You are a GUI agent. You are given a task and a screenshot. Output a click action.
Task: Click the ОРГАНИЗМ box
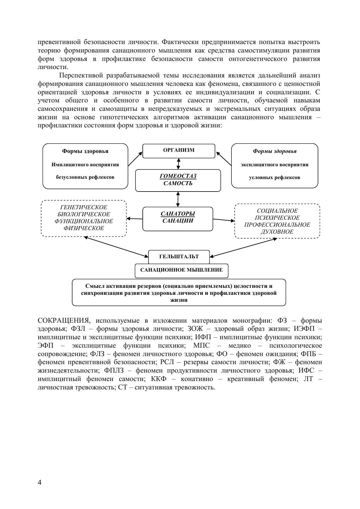pyautogui.click(x=179, y=150)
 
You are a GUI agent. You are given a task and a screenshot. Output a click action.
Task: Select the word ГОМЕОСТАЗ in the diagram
pyautogui.click(x=178, y=176)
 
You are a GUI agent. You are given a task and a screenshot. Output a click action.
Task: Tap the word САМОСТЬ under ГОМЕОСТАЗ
pyautogui.click(x=178, y=183)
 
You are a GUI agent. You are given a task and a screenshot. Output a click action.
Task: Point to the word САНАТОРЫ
pyautogui.click(x=178, y=214)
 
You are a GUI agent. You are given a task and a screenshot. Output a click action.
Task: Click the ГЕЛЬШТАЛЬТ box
pyautogui.click(x=179, y=257)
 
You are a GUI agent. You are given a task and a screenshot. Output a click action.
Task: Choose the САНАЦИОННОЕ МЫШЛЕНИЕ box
pyautogui.click(x=182, y=270)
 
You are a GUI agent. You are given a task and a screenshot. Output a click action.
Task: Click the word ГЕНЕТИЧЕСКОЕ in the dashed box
pyautogui.click(x=84, y=207)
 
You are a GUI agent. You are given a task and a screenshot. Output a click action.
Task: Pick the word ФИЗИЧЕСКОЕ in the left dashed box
pyautogui.click(x=84, y=228)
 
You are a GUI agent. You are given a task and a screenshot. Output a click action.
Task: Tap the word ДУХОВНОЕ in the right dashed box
pyautogui.click(x=277, y=232)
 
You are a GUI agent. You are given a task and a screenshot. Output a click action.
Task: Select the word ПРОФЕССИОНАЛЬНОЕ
pyautogui.click(x=277, y=225)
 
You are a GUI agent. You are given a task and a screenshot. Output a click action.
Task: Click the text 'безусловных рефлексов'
pyautogui.click(x=85, y=177)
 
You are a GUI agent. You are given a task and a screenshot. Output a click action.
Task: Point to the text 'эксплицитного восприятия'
pyautogui.click(x=274, y=165)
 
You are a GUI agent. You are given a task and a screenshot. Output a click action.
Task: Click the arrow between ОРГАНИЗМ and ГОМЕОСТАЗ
pyautogui.click(x=179, y=164)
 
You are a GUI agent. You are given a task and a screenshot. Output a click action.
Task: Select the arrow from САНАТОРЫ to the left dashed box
pyautogui.click(x=135, y=219)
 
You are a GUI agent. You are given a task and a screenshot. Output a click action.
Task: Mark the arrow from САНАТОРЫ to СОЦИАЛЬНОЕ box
pyautogui.click(x=224, y=220)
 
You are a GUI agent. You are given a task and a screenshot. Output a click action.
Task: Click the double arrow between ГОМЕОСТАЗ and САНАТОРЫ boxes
pyautogui.click(x=178, y=199)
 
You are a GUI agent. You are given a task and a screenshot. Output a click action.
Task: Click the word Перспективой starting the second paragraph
pyautogui.click(x=81, y=76)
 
